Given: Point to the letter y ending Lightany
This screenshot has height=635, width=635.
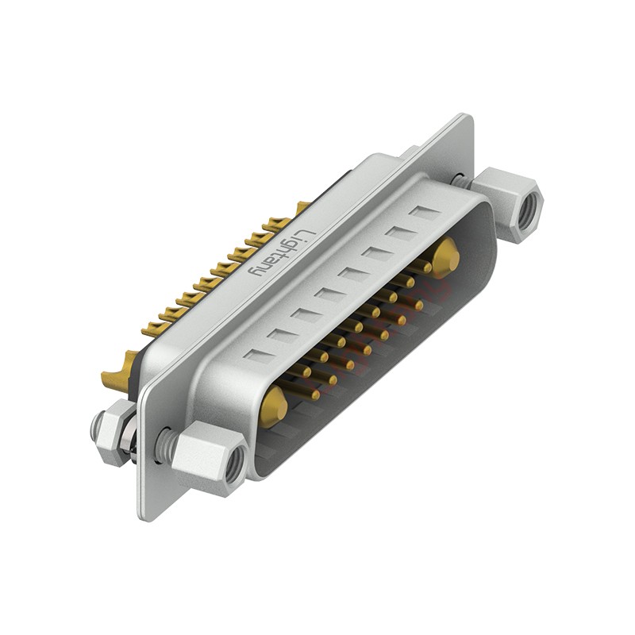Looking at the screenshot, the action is click(x=256, y=270).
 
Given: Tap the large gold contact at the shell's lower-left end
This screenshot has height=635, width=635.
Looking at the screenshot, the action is click(x=274, y=406).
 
